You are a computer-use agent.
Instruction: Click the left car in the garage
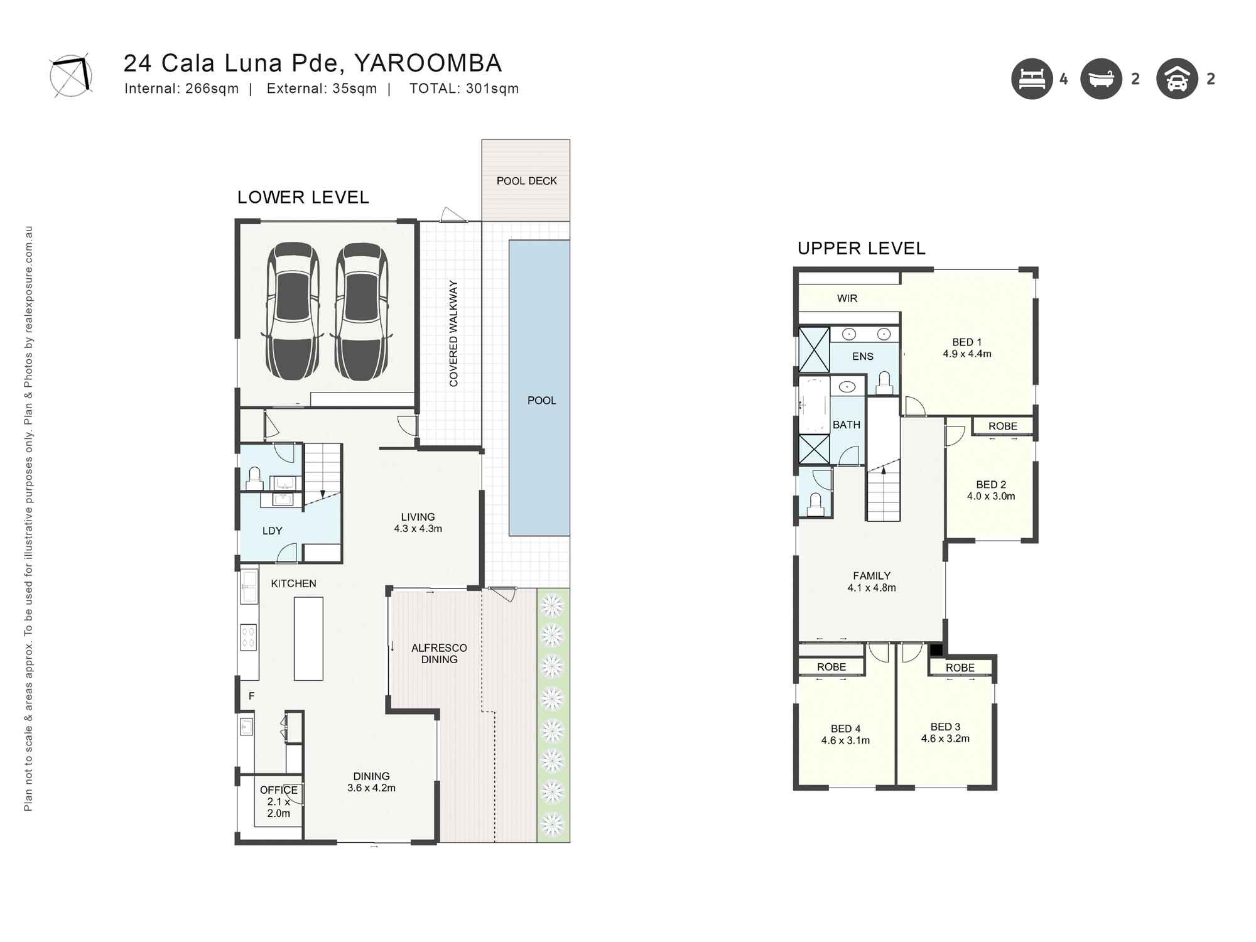coord(293,311)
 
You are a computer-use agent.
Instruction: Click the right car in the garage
coord(361,311)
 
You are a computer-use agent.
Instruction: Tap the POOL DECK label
coord(526,181)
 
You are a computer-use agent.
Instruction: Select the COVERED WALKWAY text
coord(453,333)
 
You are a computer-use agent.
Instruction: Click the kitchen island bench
coord(308,639)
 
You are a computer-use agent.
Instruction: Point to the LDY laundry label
coord(272,531)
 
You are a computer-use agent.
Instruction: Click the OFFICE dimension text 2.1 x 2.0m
coord(278,808)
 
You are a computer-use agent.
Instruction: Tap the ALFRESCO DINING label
coord(439,653)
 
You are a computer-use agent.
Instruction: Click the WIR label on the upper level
coord(847,298)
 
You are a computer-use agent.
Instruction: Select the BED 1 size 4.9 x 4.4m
coord(966,354)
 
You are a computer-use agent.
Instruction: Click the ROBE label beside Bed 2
coord(1002,426)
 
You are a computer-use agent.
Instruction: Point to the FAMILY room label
coord(871,575)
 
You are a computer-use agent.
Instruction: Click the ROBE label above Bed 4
coord(831,667)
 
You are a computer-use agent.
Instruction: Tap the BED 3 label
coord(945,727)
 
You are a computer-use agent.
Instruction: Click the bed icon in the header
coord(1032,79)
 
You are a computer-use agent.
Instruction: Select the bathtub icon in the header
coord(1101,79)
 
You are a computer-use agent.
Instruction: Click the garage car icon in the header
coord(1177,79)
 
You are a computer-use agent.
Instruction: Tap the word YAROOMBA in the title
coord(428,63)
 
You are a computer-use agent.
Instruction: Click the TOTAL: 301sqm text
coord(463,89)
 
